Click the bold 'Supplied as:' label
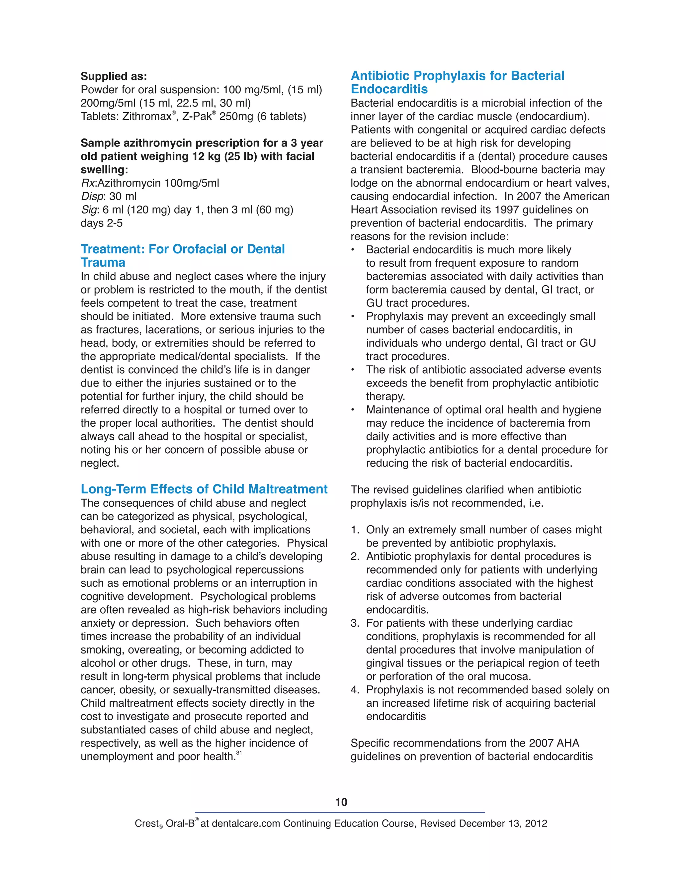point(114,76)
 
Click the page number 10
point(341,802)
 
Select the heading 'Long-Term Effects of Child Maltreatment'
point(204,489)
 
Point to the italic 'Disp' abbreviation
point(92,196)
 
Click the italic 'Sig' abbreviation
point(89,210)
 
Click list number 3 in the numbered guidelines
point(355,623)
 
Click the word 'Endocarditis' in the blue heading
point(389,89)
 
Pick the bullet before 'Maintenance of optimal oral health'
point(353,410)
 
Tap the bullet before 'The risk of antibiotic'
point(353,370)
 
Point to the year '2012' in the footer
point(536,823)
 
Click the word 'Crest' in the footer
point(146,823)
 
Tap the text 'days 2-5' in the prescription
point(102,223)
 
